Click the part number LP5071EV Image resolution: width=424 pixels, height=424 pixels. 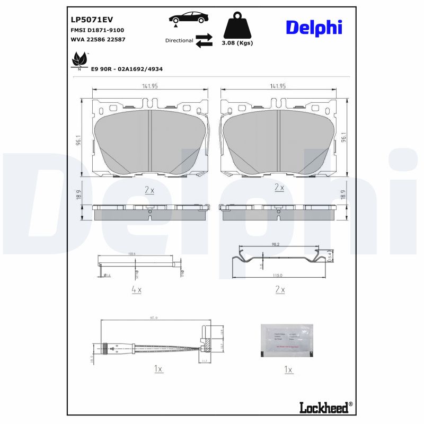(x=92, y=20)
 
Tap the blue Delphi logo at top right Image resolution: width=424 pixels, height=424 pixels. (x=314, y=28)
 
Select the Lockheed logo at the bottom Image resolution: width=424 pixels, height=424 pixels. (x=324, y=407)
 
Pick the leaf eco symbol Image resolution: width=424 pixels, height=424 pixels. (x=80, y=60)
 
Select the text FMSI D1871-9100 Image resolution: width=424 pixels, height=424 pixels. (x=97, y=30)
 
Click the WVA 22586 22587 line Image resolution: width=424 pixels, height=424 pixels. (x=98, y=39)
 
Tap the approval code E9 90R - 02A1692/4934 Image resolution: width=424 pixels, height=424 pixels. (x=127, y=69)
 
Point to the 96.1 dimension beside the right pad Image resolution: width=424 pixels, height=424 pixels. (x=343, y=138)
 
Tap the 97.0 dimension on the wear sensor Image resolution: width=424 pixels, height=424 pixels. (x=154, y=318)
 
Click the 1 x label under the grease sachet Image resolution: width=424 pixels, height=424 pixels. (x=288, y=369)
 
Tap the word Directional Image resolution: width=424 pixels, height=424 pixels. (x=179, y=40)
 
